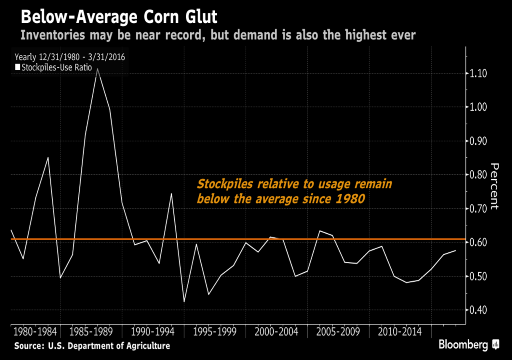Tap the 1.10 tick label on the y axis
pos(487,74)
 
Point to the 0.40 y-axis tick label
pos(487,310)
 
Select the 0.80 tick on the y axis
pos(487,175)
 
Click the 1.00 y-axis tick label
pos(487,107)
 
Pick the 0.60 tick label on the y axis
pos(487,243)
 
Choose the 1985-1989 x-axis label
pos(91,332)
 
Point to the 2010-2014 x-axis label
pos(400,332)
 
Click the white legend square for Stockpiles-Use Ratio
pos(17,67)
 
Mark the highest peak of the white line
pos(97,68)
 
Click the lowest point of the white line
pos(184,302)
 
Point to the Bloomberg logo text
pos(464,345)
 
